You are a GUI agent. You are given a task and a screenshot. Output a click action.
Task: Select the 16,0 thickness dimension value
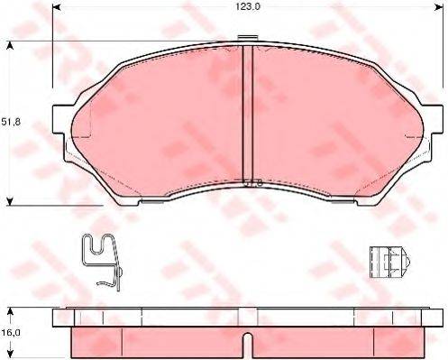click(10, 332)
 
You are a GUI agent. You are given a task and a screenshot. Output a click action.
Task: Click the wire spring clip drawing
click(101, 259)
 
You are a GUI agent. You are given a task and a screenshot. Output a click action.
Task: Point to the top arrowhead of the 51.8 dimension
click(11, 42)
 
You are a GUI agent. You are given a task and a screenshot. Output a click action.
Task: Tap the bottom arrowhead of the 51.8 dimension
click(11, 202)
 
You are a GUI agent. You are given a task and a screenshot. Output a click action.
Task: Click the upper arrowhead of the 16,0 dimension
click(11, 311)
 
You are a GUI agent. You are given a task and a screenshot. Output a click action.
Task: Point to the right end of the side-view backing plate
click(434, 318)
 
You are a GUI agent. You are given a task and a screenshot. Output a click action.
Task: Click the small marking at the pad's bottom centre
click(253, 183)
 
